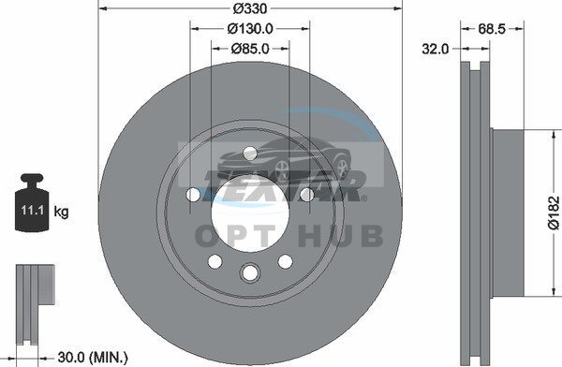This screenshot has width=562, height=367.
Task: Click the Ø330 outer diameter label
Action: (x=250, y=8)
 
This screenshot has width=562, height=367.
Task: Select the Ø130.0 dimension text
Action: (x=250, y=28)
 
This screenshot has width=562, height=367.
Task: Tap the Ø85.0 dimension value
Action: (x=250, y=49)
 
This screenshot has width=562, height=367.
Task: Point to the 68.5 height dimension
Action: (x=492, y=29)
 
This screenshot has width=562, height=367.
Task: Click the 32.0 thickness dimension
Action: (x=436, y=49)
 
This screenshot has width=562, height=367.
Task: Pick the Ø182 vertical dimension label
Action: (x=554, y=213)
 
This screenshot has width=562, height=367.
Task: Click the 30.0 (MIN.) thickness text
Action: (x=93, y=357)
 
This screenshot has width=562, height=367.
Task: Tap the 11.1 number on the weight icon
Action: (x=32, y=210)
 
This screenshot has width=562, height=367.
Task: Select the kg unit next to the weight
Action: (x=61, y=212)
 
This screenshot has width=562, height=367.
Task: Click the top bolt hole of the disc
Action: (x=250, y=154)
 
